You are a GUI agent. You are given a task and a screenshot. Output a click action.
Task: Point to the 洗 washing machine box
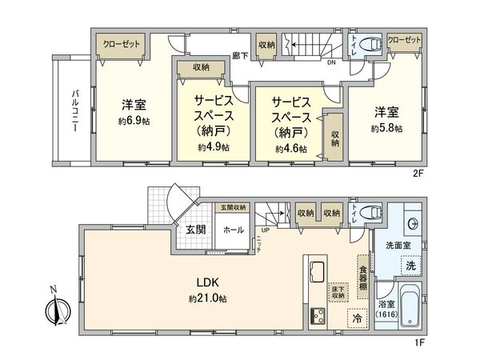(409, 265)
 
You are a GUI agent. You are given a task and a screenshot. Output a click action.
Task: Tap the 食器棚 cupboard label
(362, 274)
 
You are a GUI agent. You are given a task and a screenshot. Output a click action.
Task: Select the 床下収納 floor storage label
(337, 292)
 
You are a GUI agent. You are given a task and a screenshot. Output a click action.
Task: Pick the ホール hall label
(234, 229)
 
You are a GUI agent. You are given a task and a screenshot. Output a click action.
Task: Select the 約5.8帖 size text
(386, 127)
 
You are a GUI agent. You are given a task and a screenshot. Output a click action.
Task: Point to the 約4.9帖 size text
(213, 148)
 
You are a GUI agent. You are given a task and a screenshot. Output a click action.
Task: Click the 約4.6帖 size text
(290, 148)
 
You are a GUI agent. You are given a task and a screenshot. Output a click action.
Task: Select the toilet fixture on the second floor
(370, 46)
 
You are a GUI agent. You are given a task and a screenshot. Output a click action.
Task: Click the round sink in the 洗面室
(414, 223)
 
